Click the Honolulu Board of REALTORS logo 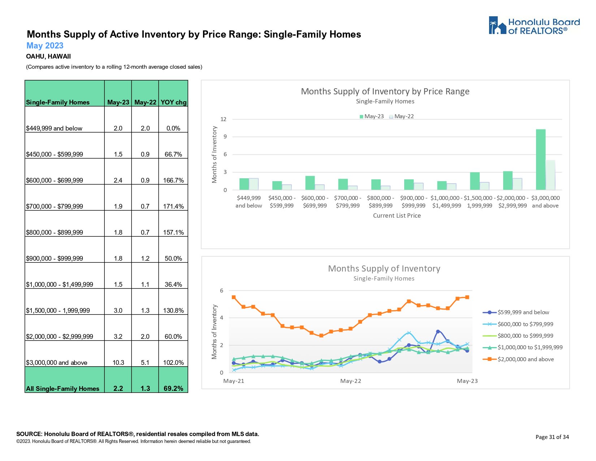[x=534, y=26]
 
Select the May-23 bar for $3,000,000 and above [x=540, y=159]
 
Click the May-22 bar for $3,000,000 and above [x=550, y=175]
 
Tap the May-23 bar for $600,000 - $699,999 [x=310, y=183]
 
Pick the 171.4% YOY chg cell [x=173, y=206]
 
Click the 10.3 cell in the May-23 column [x=118, y=363]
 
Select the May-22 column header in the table [x=145, y=102]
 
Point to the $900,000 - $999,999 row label [x=55, y=259]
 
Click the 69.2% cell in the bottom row [x=173, y=389]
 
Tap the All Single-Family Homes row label [x=62, y=389]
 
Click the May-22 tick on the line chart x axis [x=350, y=381]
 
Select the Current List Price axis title [x=397, y=215]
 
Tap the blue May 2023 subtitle [x=45, y=46]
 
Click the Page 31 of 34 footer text [x=552, y=437]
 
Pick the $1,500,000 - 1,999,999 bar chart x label [x=479, y=202]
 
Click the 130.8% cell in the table [x=173, y=311]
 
